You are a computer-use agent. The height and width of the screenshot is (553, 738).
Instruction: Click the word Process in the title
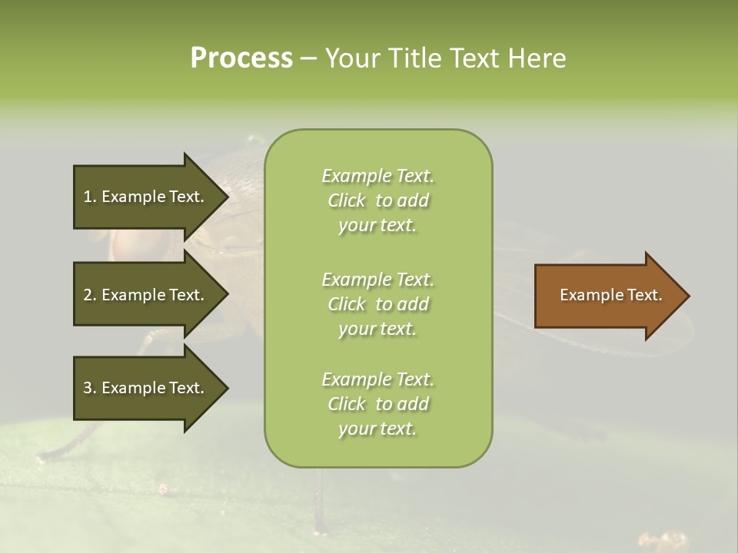(241, 58)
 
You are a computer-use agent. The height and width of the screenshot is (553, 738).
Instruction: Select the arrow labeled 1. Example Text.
(146, 197)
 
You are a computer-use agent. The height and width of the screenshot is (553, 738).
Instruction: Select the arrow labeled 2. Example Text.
(146, 295)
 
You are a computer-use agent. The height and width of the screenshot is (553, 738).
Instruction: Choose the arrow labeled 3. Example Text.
(146, 388)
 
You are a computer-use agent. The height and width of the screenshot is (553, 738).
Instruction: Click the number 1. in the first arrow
(90, 197)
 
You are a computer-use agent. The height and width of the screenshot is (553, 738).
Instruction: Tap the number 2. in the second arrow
(90, 295)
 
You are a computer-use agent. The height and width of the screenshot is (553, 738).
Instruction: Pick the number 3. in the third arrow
(90, 388)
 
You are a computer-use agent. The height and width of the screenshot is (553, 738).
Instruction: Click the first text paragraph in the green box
(377, 200)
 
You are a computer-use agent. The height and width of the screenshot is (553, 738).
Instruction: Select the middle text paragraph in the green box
(377, 304)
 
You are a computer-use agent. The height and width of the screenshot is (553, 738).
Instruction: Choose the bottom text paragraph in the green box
(377, 404)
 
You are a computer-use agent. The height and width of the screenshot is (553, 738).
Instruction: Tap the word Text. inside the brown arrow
(643, 295)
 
